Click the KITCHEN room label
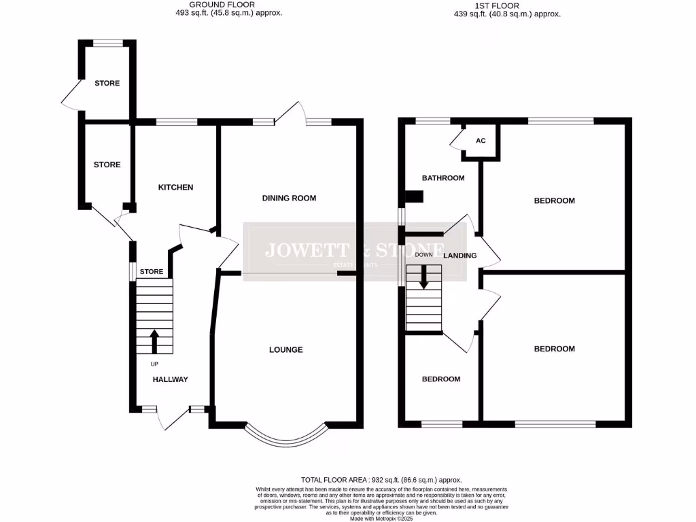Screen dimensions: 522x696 [176, 188]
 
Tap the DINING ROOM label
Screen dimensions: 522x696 [290, 198]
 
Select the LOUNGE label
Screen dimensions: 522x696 [285, 350]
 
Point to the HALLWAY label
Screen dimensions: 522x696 [170, 379]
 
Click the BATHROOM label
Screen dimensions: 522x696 [443, 178]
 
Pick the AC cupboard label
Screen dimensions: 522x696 [481, 141]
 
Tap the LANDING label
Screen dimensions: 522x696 [460, 256]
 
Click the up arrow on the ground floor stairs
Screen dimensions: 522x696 [154, 341]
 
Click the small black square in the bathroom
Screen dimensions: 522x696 [414, 196]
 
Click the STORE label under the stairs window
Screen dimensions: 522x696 [151, 272]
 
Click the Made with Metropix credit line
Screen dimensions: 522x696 [381, 518]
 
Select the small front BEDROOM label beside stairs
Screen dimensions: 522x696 [440, 379]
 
